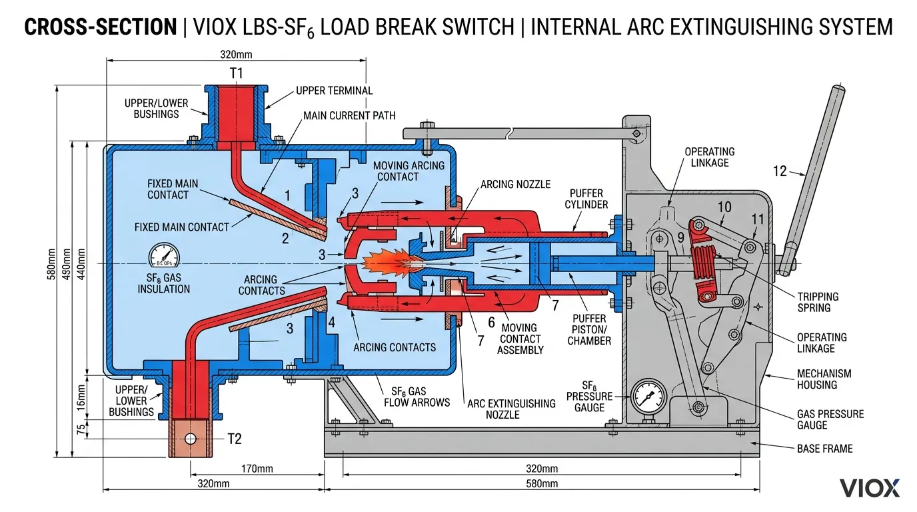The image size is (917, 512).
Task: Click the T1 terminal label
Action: pyautogui.click(x=236, y=74)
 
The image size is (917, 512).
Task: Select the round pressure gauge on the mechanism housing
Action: pyautogui.click(x=647, y=399)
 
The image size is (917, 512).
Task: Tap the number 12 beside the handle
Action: pyautogui.click(x=780, y=171)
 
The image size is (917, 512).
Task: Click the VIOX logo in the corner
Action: pyautogui.click(x=870, y=487)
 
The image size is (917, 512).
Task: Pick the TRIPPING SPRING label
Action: pyautogui.click(x=818, y=302)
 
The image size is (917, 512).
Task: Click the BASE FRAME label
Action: pyautogui.click(x=824, y=449)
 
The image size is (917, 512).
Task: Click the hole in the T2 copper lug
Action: pyautogui.click(x=191, y=439)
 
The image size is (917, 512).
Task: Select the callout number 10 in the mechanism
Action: pyautogui.click(x=724, y=207)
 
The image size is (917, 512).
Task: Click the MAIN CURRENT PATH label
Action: pyautogui.click(x=349, y=115)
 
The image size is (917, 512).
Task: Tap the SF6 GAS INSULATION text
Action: pyautogui.click(x=164, y=283)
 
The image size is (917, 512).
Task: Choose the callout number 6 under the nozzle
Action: pyautogui.click(x=491, y=322)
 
